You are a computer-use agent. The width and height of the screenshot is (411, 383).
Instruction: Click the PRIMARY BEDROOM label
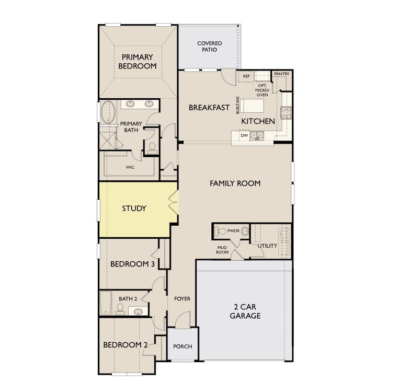(138, 62)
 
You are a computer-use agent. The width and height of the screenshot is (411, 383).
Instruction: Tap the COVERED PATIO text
(210, 47)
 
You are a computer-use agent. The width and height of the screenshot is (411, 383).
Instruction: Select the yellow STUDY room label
(134, 208)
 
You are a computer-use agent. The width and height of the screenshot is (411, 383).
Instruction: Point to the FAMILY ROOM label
(235, 183)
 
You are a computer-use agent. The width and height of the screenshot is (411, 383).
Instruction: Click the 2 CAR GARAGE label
(245, 311)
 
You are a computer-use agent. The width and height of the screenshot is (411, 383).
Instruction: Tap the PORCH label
(182, 346)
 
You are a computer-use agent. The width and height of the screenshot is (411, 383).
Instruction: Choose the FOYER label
(182, 299)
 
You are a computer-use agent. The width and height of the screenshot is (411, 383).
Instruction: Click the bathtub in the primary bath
(108, 112)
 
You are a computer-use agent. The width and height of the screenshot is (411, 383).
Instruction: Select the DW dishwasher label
(244, 135)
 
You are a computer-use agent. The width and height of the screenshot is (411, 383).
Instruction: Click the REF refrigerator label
(246, 76)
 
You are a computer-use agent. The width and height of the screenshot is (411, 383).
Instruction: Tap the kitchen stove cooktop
(286, 113)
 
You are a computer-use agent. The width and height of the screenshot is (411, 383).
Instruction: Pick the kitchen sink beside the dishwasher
(256, 135)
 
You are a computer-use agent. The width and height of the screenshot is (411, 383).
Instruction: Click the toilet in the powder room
(220, 231)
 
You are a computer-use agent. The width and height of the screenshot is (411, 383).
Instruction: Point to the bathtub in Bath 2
(106, 303)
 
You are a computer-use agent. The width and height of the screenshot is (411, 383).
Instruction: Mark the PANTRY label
(281, 74)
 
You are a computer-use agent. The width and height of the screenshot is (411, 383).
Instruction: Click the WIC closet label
(130, 167)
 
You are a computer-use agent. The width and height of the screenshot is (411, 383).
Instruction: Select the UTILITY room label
(267, 246)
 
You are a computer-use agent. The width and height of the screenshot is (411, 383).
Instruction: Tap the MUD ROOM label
(222, 250)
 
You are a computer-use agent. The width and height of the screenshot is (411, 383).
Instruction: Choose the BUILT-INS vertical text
(238, 106)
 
